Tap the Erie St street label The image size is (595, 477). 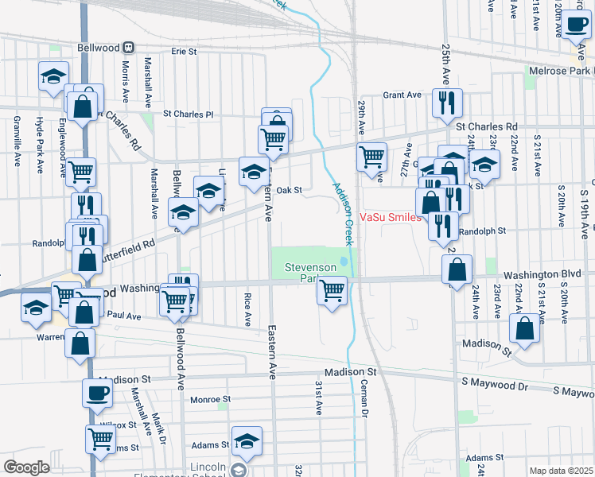coord(184,52)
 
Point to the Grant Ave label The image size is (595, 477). coord(402,95)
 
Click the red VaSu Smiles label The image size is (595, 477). coord(390,216)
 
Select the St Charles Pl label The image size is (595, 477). coord(189,114)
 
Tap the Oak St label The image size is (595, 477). coord(290,190)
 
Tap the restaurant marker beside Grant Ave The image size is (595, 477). coord(446,102)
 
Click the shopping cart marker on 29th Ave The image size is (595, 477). coord(371,157)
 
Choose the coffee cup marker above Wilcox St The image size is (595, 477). coord(98,392)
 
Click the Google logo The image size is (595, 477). coord(26,467)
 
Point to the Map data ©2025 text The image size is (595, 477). coord(561,471)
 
